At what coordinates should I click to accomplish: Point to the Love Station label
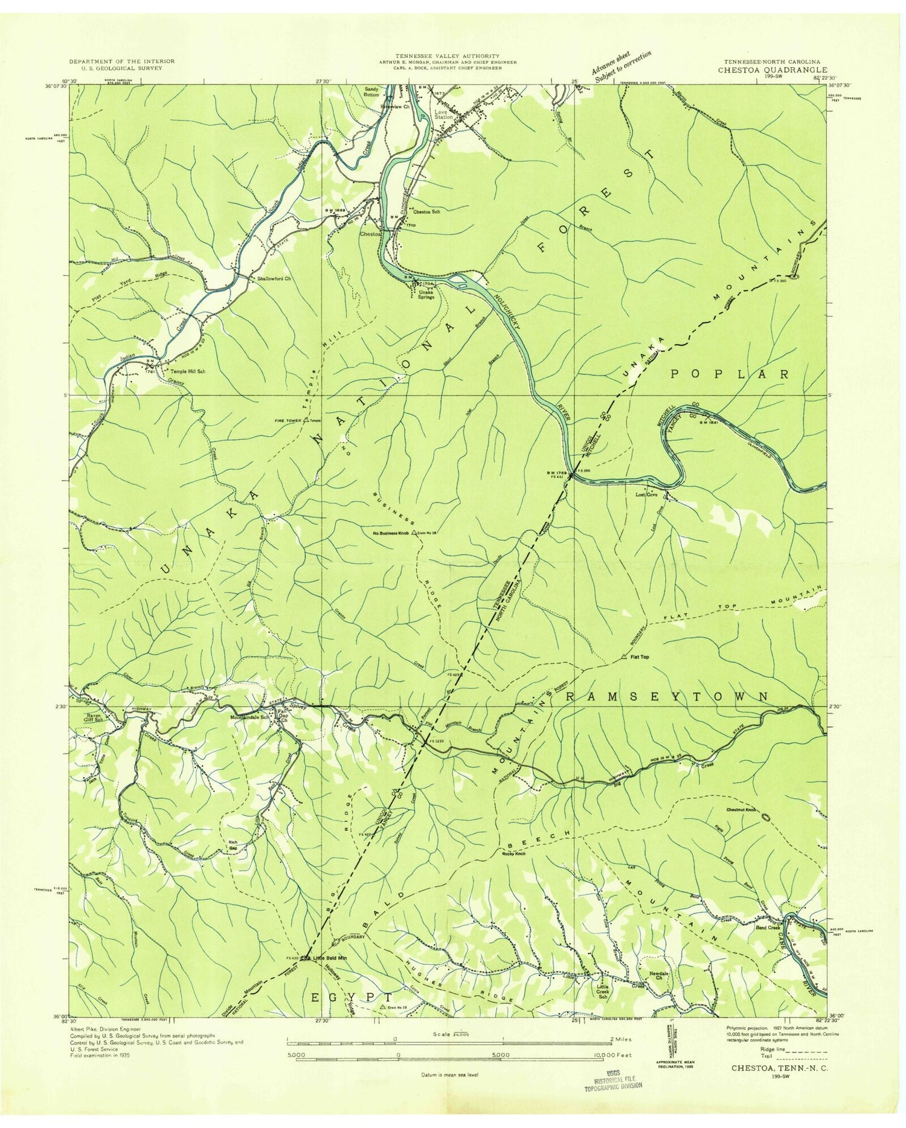[443, 114]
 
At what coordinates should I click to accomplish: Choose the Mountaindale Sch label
[250, 719]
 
